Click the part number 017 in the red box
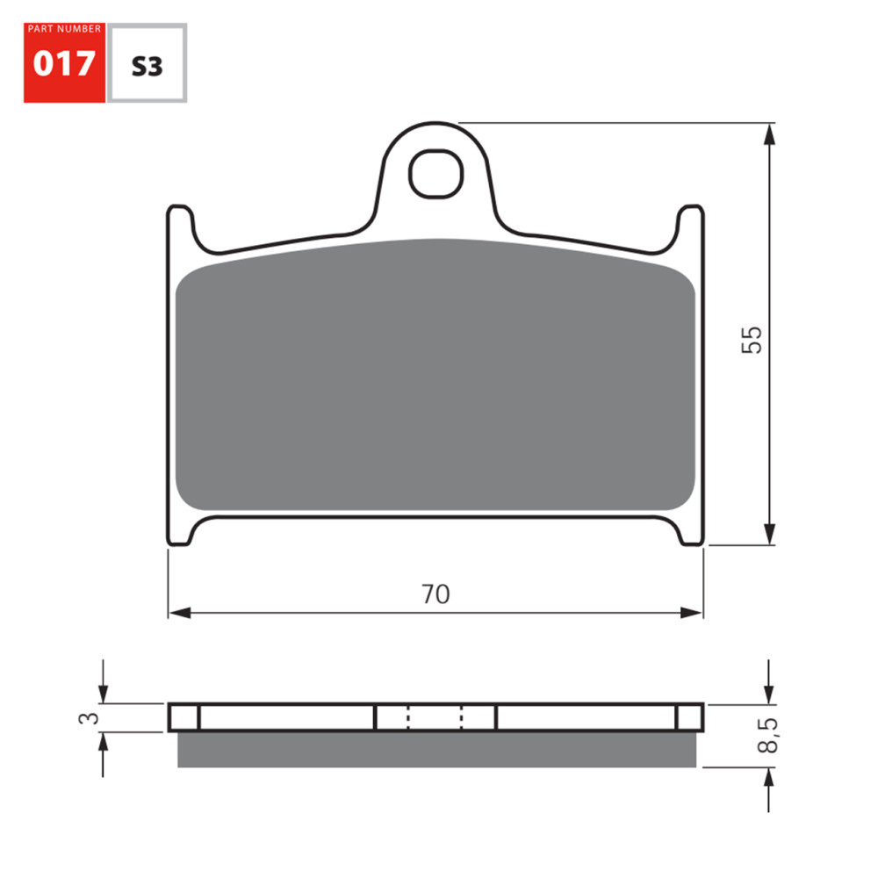(64, 65)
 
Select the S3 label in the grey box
(147, 66)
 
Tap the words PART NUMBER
(64, 29)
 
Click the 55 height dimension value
(752, 339)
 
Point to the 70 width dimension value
(435, 594)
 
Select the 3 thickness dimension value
(86, 718)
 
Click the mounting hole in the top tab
(435, 172)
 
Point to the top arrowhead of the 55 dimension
(770, 133)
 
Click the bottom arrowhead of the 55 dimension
(770, 535)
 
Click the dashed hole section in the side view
(435, 717)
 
